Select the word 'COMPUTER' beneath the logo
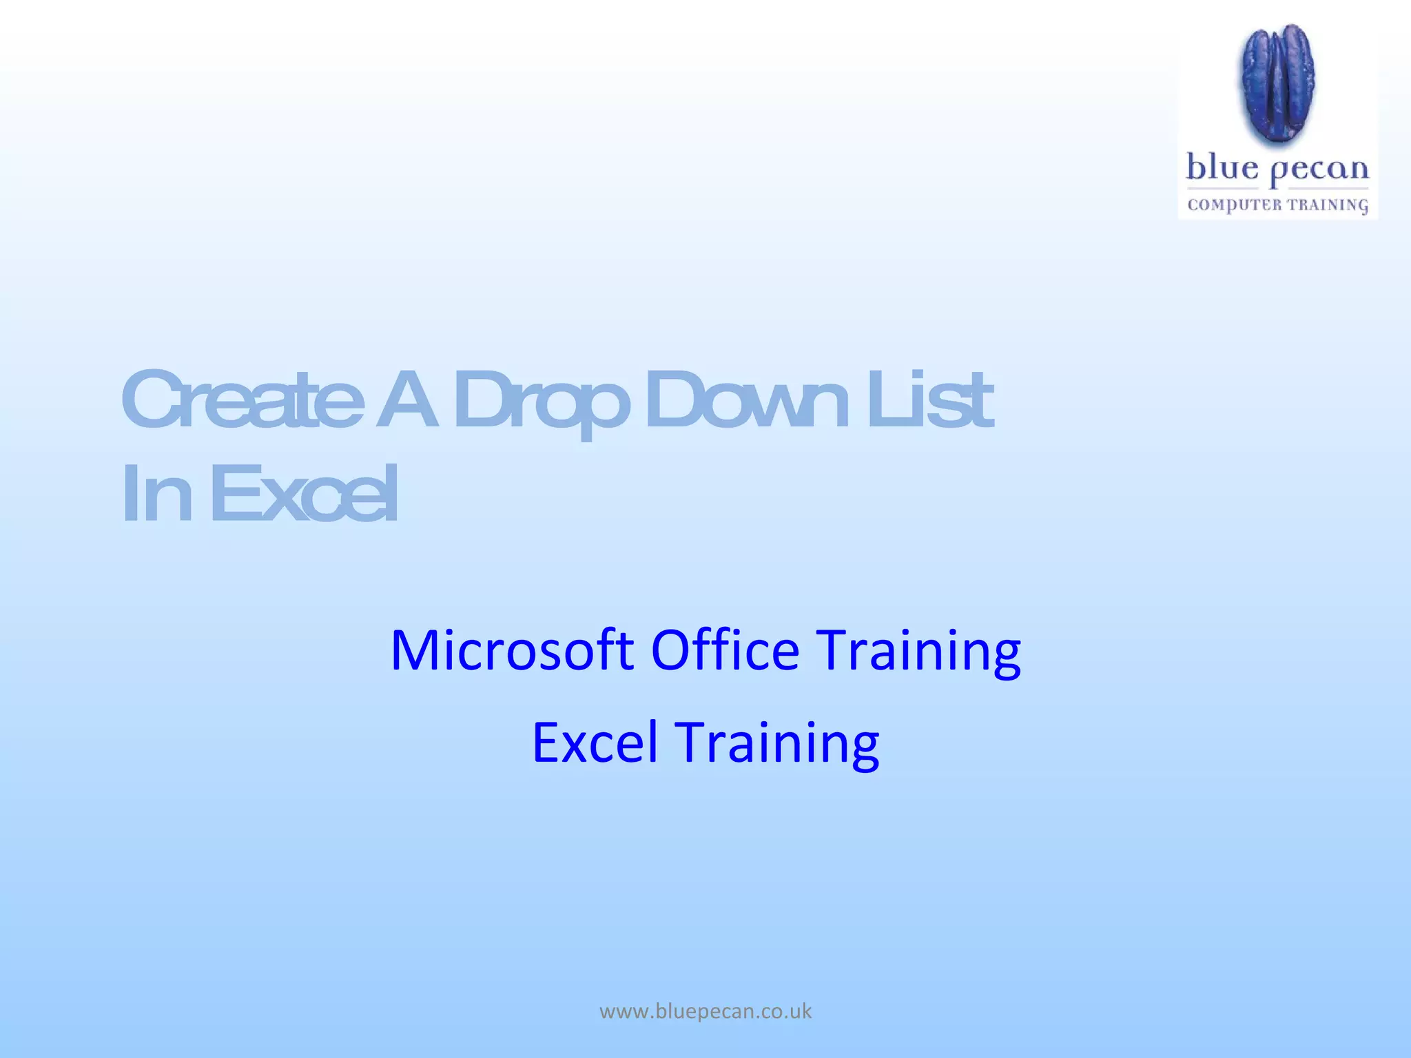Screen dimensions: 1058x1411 1234,205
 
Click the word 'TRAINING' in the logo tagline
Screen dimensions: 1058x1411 1328,205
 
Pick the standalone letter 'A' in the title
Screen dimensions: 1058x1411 407,400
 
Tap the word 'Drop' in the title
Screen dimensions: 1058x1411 542,403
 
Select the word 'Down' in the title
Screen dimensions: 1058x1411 747,400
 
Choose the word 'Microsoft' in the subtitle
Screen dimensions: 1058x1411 512,650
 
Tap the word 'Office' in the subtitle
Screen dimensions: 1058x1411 725,650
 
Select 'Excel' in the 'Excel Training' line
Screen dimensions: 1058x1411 595,743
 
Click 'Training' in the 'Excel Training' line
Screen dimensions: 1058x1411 776,745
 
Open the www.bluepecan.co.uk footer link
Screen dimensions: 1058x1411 705,1011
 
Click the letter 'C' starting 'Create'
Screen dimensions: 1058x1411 148,400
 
